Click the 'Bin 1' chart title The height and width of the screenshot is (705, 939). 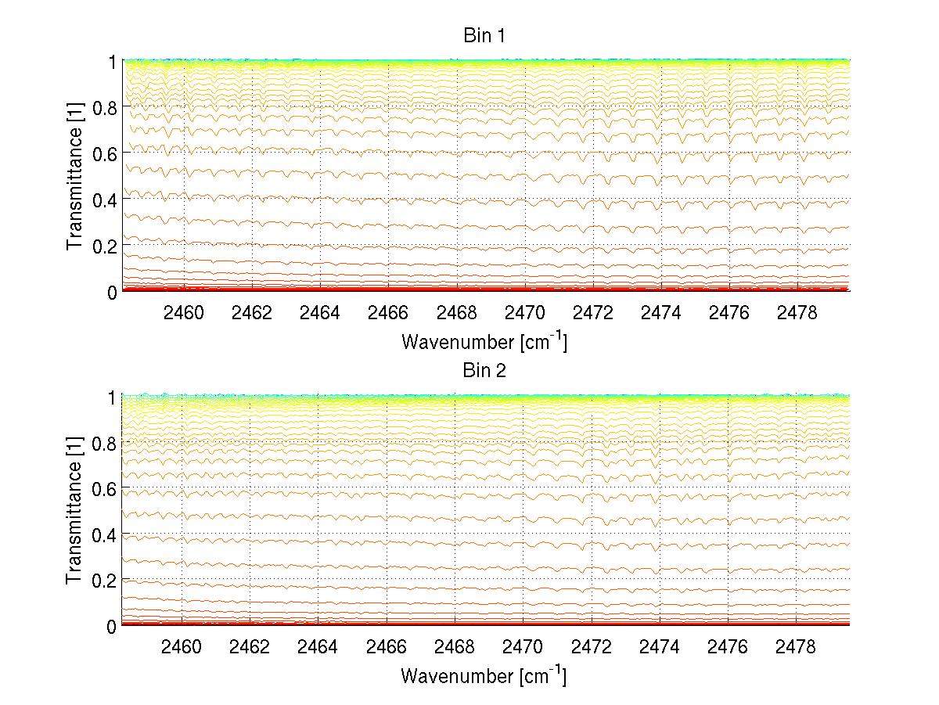pos(484,36)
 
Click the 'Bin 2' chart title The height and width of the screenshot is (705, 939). pos(484,370)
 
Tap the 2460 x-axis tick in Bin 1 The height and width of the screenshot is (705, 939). pos(183,313)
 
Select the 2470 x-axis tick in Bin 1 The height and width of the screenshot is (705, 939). pos(525,313)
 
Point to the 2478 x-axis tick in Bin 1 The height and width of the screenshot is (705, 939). pos(797,313)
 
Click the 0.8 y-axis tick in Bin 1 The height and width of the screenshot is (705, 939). pos(105,108)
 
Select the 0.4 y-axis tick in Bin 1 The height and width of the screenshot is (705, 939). pos(105,200)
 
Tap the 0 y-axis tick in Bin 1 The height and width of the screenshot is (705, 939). pos(112,292)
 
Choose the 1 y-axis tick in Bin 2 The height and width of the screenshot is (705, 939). pos(112,397)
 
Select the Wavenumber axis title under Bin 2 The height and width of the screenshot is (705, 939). pos(484,675)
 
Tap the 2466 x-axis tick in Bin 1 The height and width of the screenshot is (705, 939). pos(388,313)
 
